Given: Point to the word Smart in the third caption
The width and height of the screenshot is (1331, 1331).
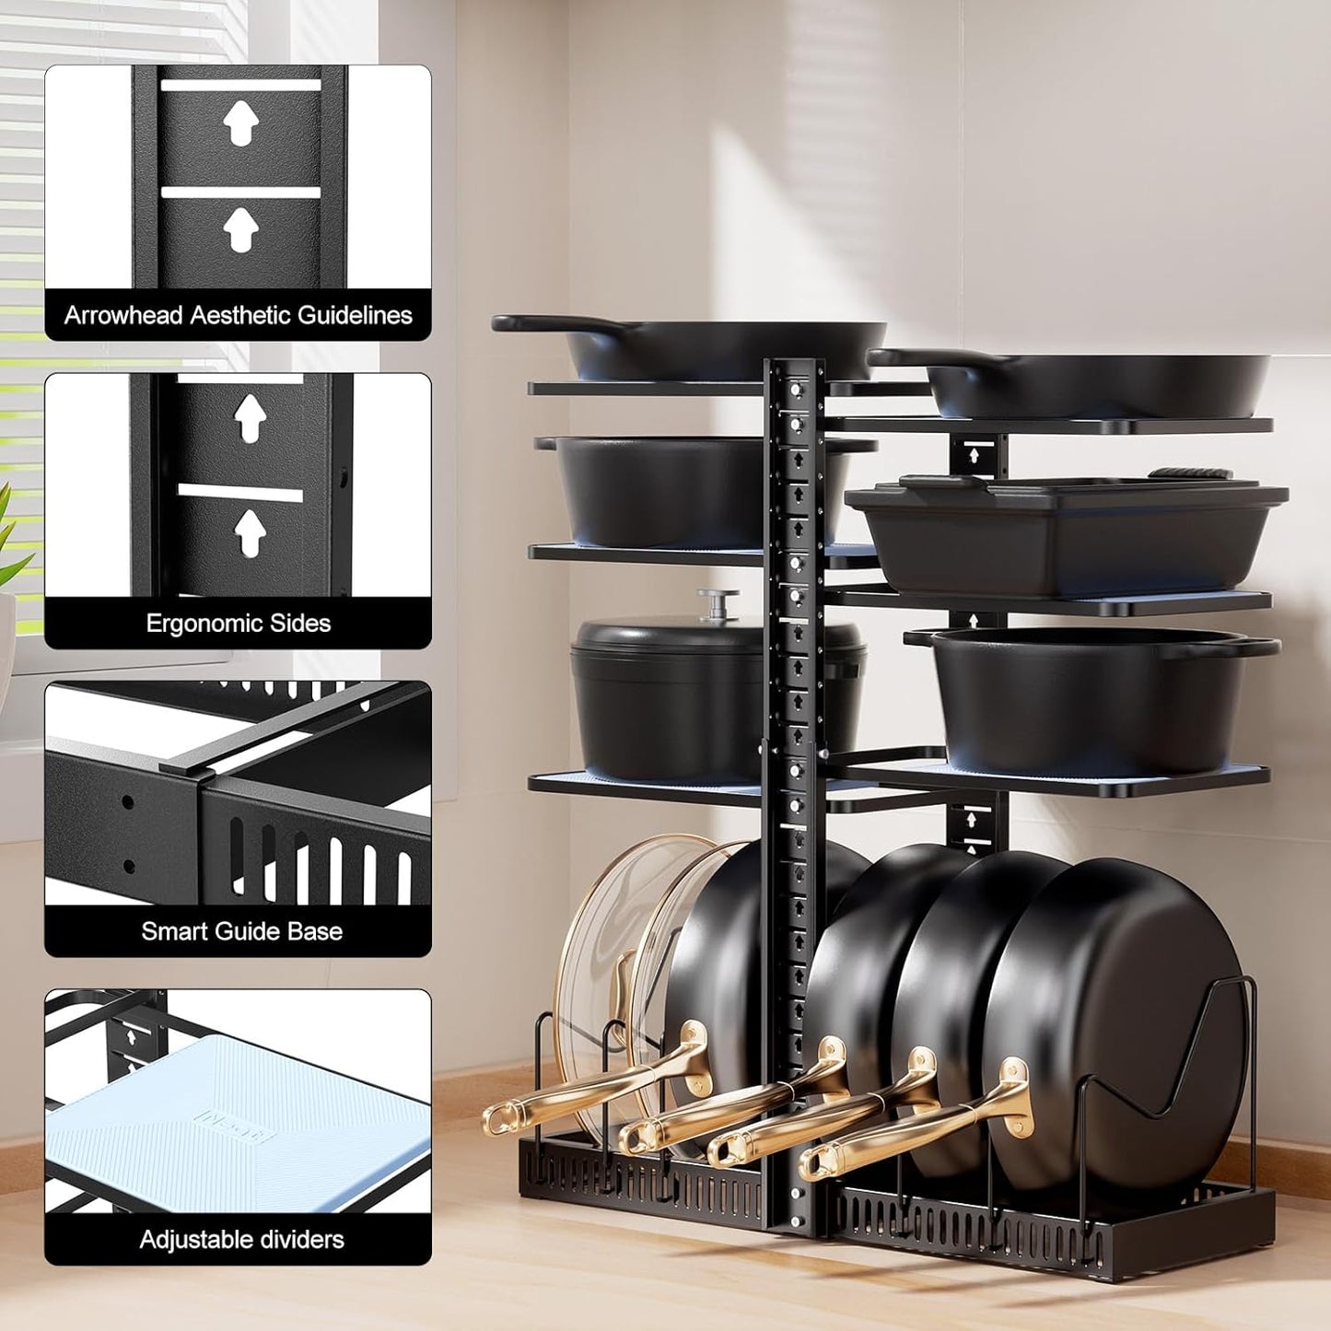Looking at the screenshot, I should (173, 931).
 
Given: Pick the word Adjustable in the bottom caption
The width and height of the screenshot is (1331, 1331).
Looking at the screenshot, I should (196, 1240).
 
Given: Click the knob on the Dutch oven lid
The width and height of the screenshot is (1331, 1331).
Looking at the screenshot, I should (718, 601).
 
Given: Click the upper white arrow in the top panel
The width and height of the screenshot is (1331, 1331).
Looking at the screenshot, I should (240, 123).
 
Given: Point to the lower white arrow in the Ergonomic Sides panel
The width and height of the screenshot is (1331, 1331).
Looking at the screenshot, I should (250, 532).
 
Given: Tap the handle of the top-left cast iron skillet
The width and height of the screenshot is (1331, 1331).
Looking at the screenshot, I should (530, 323).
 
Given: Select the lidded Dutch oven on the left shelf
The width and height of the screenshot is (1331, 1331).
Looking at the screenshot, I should (672, 691).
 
